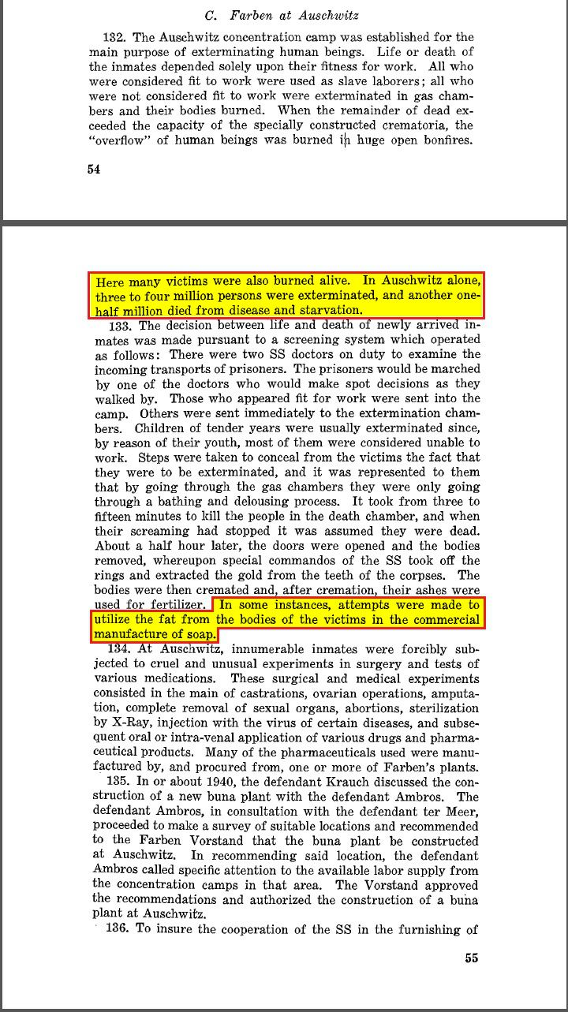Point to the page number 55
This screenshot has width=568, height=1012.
pyautogui.click(x=471, y=958)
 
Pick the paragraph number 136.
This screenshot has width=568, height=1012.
pyautogui.click(x=117, y=928)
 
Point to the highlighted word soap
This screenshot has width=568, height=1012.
pyautogui.click(x=200, y=634)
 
